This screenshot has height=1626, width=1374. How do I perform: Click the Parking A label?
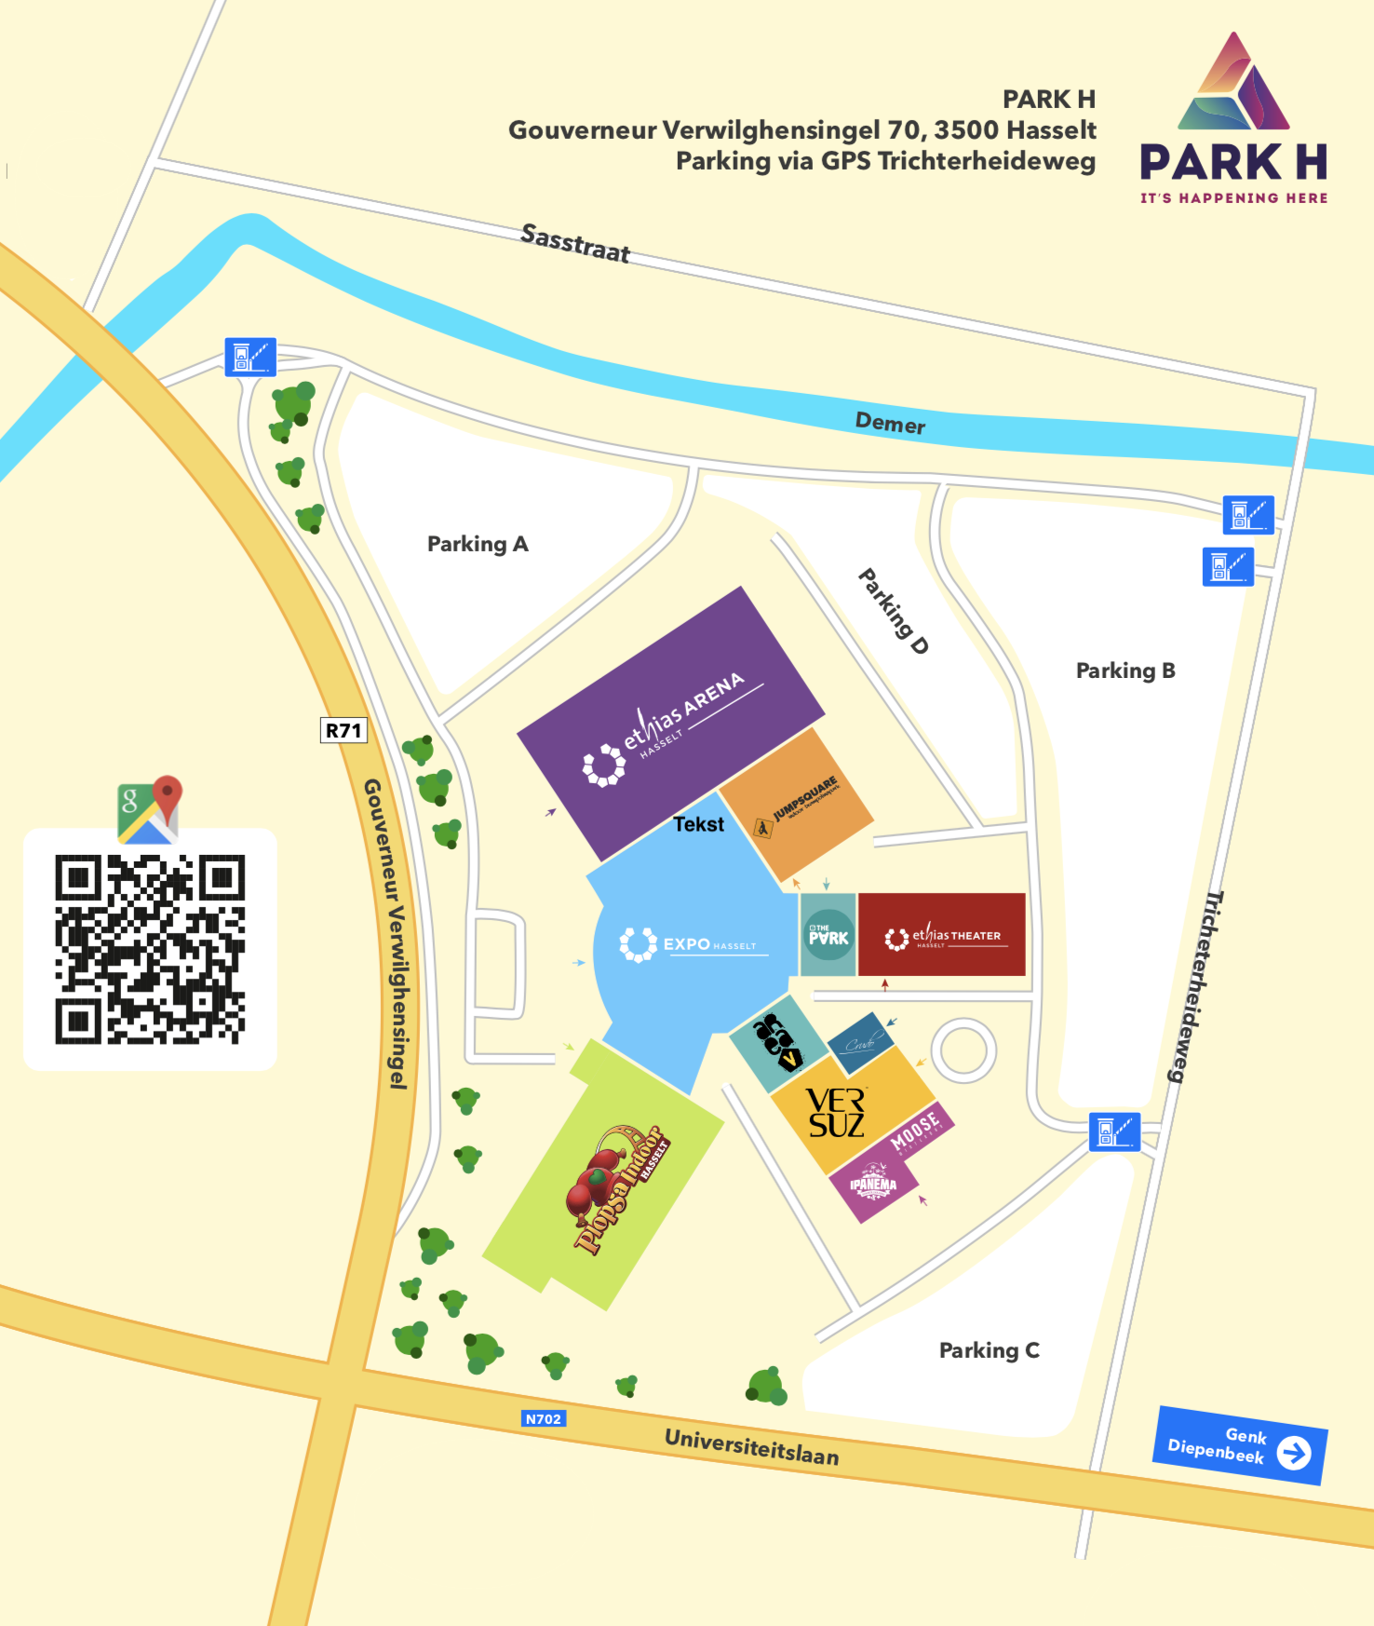click(x=478, y=544)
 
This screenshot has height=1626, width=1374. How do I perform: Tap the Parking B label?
click(x=1125, y=671)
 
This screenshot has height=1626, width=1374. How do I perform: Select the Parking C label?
click(x=989, y=1350)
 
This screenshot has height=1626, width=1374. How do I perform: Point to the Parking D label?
click(x=893, y=611)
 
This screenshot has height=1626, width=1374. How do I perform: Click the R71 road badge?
click(x=343, y=730)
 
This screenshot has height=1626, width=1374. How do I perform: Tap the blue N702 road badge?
click(x=544, y=1419)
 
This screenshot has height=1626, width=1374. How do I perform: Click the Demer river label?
click(x=890, y=424)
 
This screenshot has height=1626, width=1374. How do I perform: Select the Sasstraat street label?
click(x=575, y=243)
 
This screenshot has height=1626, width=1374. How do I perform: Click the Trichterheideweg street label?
click(x=1193, y=987)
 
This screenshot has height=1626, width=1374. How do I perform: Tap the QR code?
click(x=150, y=949)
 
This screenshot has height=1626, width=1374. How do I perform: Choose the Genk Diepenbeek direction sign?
click(x=1240, y=1445)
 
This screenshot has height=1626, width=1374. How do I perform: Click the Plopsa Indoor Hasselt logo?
click(x=617, y=1188)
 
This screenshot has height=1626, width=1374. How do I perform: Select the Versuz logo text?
click(x=836, y=1113)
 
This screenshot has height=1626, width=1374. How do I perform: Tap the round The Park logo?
click(x=828, y=935)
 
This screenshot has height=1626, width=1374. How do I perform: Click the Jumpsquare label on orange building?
click(x=804, y=798)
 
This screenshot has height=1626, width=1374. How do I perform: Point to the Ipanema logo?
click(x=873, y=1185)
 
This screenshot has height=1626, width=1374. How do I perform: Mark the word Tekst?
click(x=698, y=824)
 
